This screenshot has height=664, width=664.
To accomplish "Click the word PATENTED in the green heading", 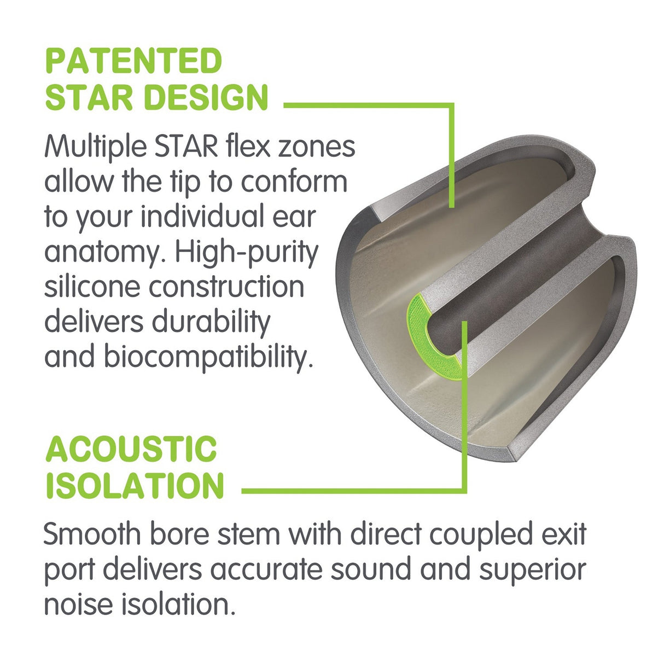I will pyautogui.click(x=133, y=61).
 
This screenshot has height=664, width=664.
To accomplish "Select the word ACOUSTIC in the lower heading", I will pyautogui.click(x=131, y=449).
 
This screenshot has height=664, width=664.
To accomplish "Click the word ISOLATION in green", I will pyautogui.click(x=135, y=485).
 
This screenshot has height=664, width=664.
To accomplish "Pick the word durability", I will pyautogui.click(x=212, y=322).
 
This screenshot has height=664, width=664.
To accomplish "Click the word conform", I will pyautogui.click(x=294, y=183).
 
